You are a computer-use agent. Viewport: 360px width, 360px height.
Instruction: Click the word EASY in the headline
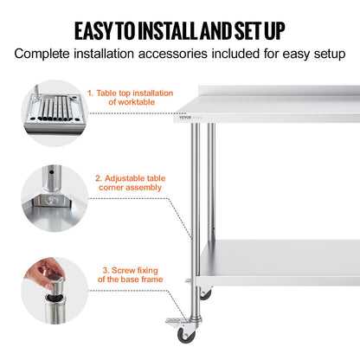[x=97, y=31]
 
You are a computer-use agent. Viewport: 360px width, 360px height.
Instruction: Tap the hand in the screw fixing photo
[x=36, y=275]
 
